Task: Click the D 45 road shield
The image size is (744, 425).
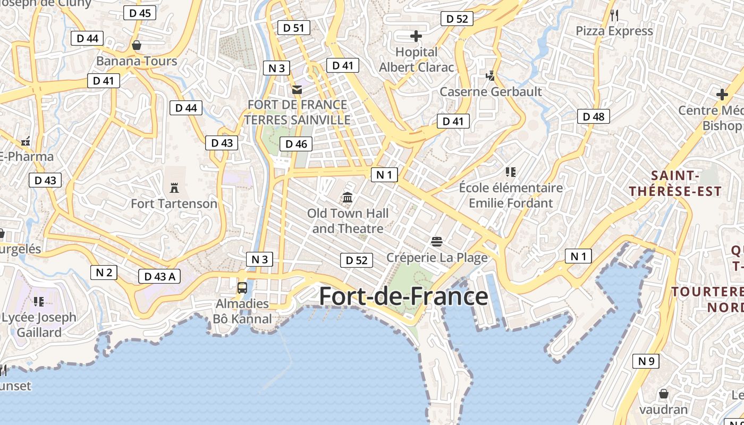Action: (x=140, y=13)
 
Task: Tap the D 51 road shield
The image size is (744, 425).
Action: (x=293, y=28)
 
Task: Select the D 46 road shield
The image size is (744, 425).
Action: (x=296, y=143)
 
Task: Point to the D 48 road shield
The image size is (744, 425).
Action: (x=594, y=116)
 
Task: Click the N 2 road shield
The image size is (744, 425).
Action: (x=104, y=273)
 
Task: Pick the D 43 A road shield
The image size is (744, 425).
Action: (x=159, y=276)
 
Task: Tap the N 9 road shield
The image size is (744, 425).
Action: (x=646, y=361)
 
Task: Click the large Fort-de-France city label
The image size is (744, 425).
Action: (x=403, y=296)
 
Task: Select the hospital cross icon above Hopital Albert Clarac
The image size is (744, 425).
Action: (x=416, y=36)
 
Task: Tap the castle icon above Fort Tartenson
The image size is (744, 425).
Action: (x=174, y=188)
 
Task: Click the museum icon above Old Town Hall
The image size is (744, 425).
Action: (x=348, y=198)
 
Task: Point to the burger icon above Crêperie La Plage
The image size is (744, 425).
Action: (x=437, y=242)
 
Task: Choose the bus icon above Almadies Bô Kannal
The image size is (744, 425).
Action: (x=242, y=288)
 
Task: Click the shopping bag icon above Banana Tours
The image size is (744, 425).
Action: (x=137, y=45)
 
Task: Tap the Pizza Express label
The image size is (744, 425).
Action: (x=614, y=31)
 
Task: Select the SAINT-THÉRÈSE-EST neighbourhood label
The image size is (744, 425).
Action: (x=675, y=183)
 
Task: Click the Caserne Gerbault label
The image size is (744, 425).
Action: (x=491, y=91)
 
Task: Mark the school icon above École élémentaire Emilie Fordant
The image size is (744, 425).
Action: (x=511, y=172)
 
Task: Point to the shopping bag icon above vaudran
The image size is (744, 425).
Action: (x=663, y=394)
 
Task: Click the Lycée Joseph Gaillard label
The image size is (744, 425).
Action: (x=39, y=325)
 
